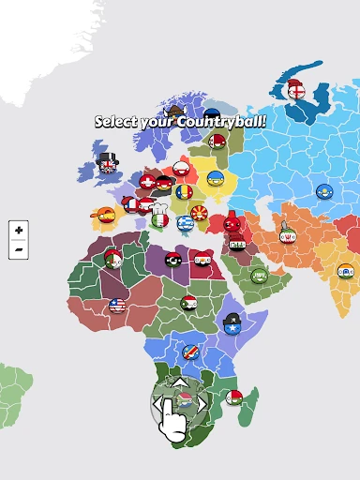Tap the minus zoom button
pos(19,250)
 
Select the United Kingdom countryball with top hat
pos(108,167)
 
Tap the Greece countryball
pos(185,224)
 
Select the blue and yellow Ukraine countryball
pos(216,178)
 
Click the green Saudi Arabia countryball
pos(259,276)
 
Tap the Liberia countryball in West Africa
pos(117,306)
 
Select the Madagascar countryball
pos(234,397)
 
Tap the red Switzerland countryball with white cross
pos(147,182)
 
